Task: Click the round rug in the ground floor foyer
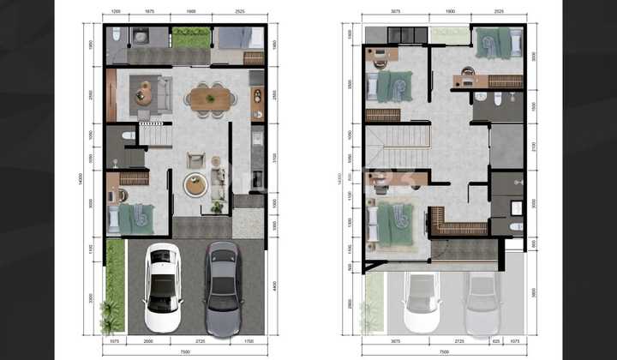[195, 183]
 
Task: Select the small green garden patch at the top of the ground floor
[191, 38]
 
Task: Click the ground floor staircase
[155, 135]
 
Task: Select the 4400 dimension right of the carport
[273, 285]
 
